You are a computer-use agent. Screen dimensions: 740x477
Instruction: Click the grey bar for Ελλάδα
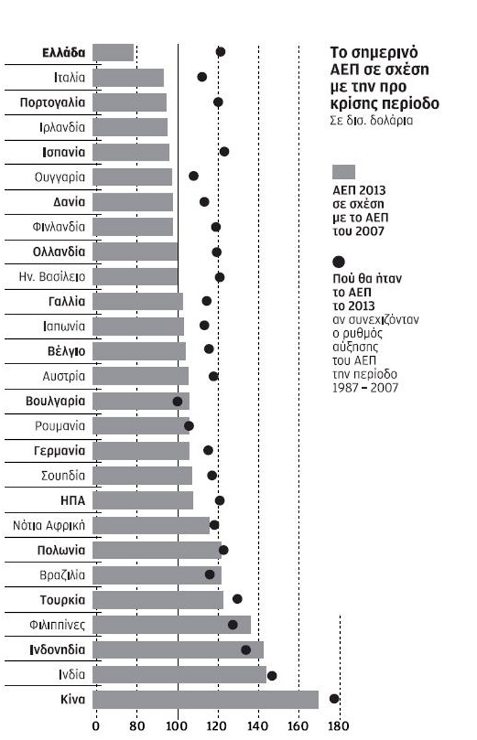113,52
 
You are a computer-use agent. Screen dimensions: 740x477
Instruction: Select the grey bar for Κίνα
205,699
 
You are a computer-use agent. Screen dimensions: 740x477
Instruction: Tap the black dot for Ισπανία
224,151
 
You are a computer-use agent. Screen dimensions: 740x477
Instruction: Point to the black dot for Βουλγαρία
178,401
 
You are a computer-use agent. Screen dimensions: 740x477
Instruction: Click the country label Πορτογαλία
52,102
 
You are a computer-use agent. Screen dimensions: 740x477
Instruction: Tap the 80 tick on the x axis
137,725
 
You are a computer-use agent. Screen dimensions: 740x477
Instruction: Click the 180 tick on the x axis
339,725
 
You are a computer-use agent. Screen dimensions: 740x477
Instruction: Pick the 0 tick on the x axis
95,725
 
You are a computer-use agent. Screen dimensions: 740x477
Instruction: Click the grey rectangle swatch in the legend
343,172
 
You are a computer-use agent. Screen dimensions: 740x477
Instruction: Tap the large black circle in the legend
339,261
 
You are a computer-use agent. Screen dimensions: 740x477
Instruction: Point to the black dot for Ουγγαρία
194,176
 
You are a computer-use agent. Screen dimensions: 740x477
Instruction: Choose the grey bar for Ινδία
179,675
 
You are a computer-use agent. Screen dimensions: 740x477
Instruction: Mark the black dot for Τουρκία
237,599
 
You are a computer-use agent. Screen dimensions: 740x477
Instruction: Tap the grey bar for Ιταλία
128,78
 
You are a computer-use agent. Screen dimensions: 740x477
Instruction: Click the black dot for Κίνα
334,698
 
